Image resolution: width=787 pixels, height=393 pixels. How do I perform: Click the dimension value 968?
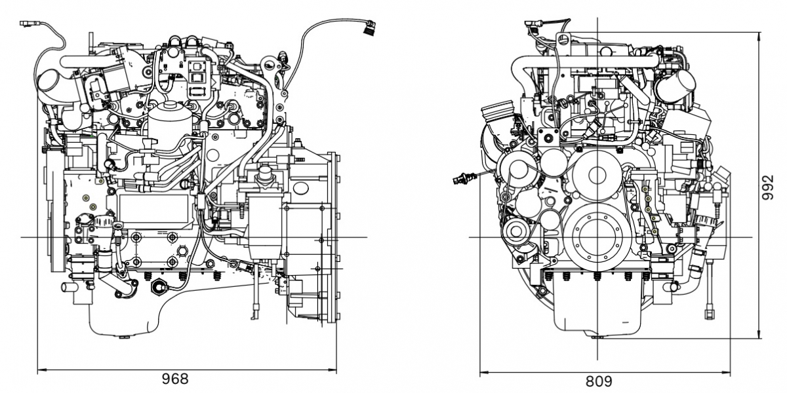coord(175,379)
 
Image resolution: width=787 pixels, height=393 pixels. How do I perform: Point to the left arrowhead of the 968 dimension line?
coord(41,371)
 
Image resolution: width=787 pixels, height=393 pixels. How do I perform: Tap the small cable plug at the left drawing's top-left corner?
coord(26,25)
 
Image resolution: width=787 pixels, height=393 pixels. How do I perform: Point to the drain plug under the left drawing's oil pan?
coord(124,337)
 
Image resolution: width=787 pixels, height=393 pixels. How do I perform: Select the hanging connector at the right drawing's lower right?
coord(709,312)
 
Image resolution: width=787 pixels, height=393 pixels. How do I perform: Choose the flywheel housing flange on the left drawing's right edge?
coord(331,236)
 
